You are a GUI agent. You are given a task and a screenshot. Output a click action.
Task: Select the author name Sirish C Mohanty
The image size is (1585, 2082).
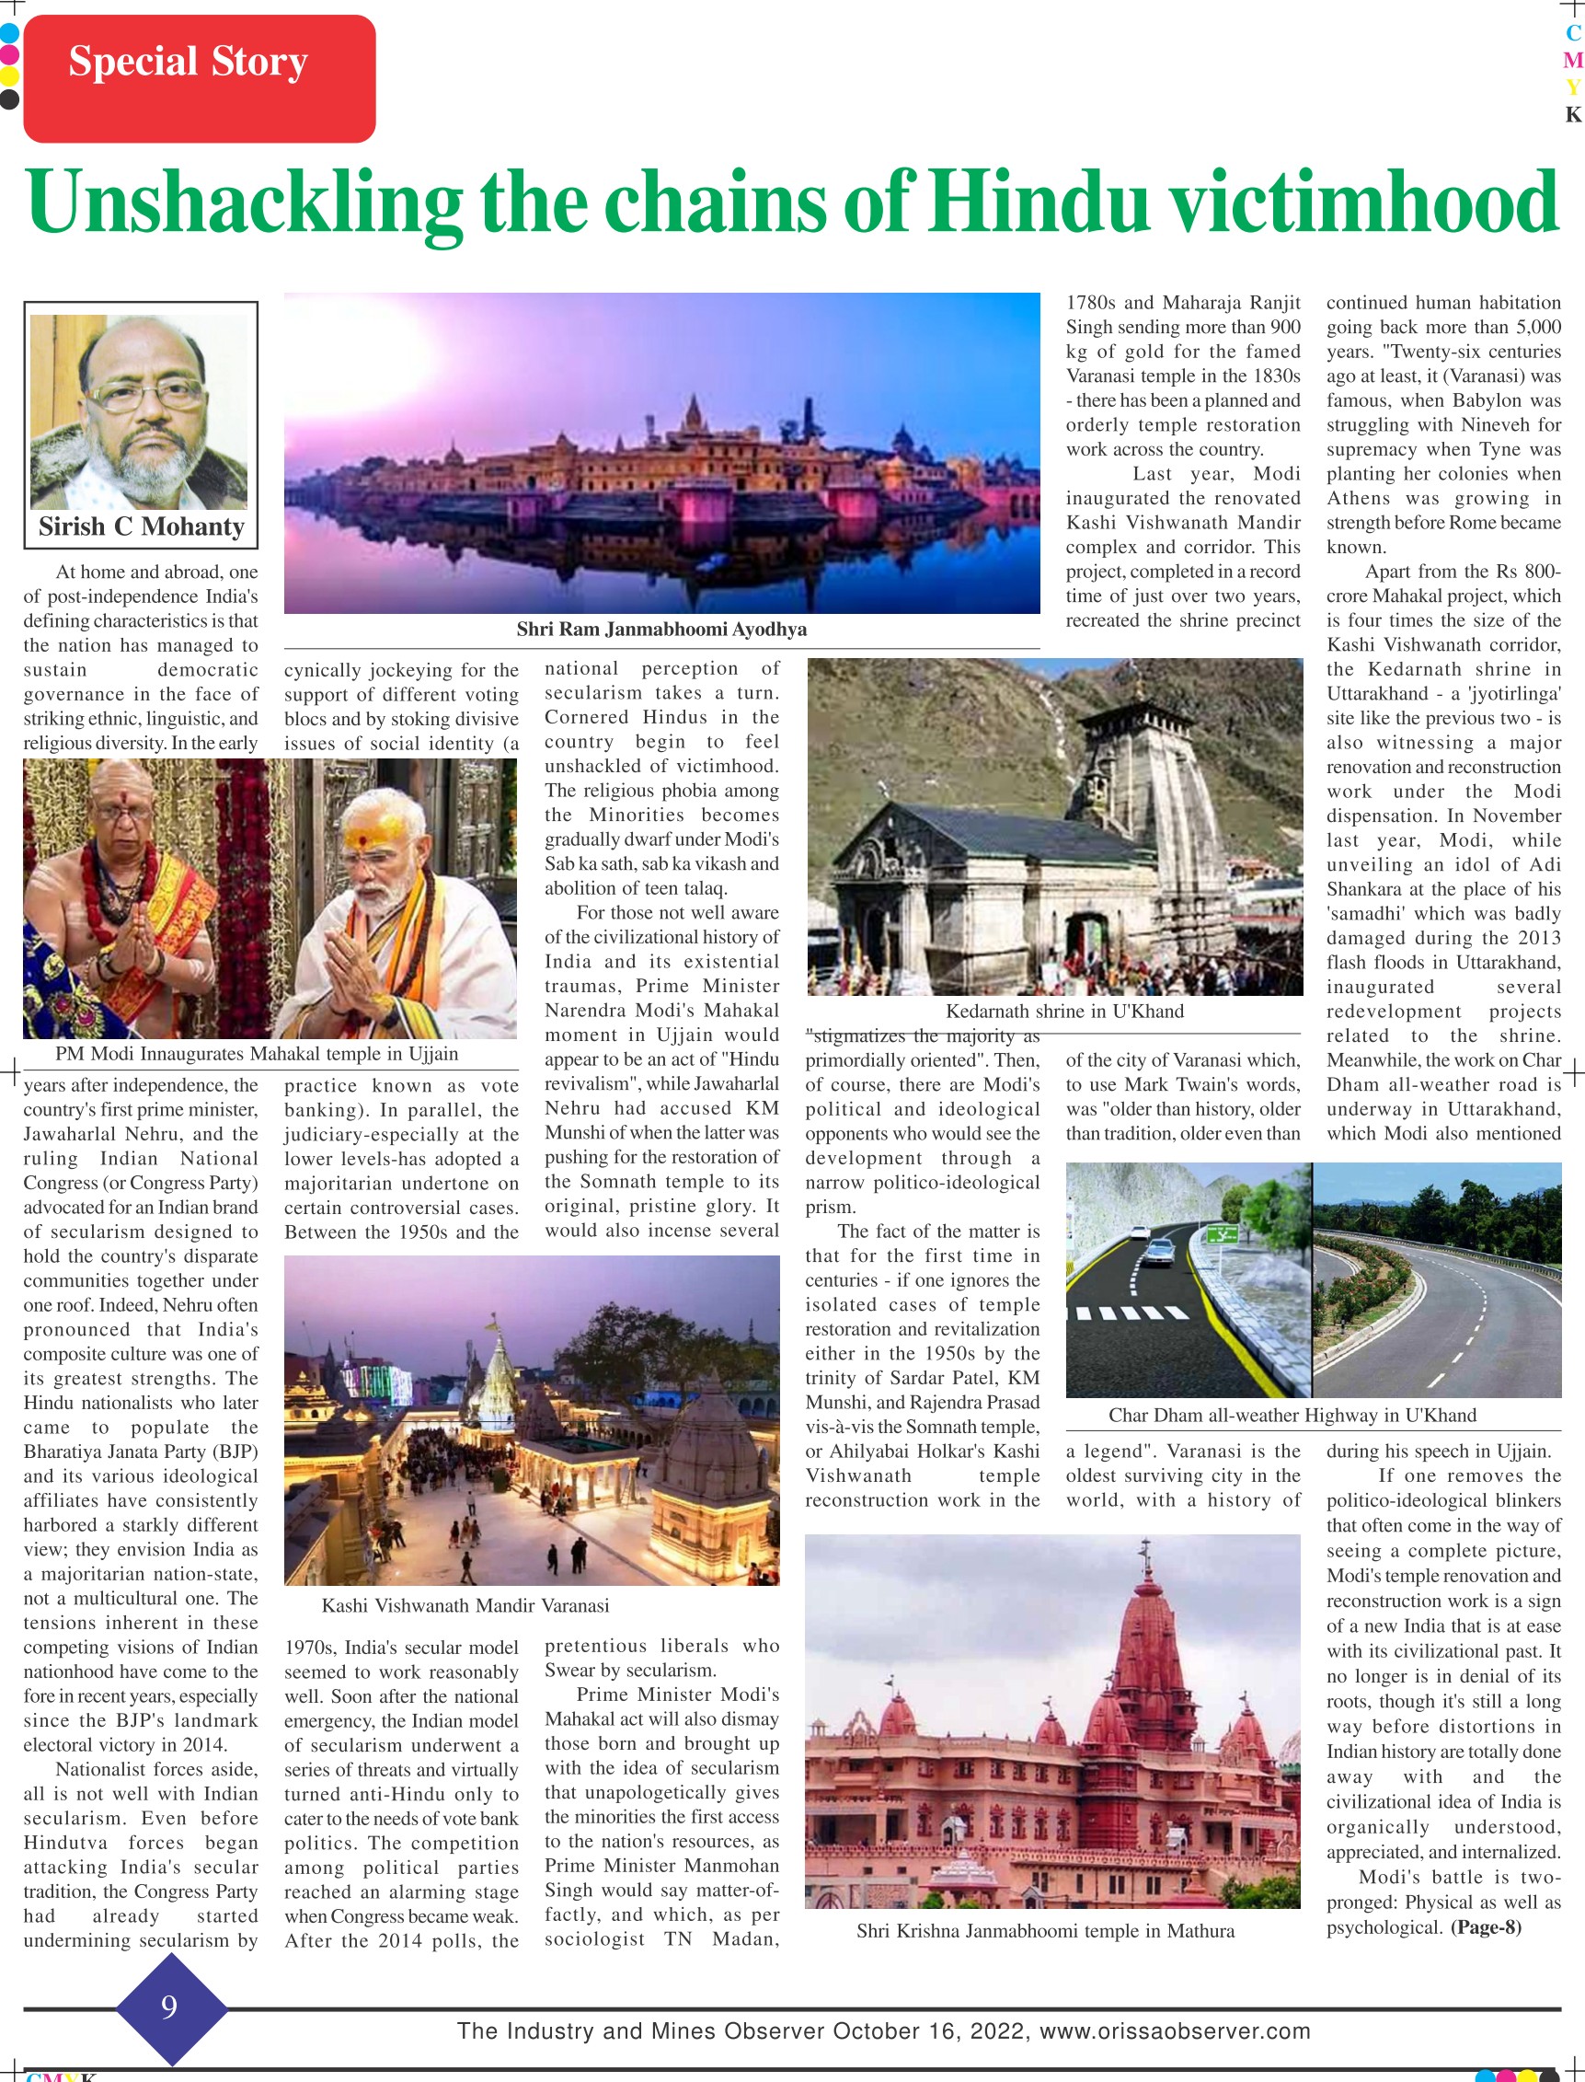(142, 526)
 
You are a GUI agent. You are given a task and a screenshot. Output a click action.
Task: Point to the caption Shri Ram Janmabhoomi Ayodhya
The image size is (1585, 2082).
(661, 630)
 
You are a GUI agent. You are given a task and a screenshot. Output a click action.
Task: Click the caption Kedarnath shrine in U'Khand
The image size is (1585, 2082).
(1064, 1012)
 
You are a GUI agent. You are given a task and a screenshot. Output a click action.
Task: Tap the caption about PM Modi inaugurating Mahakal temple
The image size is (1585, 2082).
(257, 1054)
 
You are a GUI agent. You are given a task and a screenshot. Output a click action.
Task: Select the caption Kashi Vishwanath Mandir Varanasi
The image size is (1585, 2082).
(465, 1605)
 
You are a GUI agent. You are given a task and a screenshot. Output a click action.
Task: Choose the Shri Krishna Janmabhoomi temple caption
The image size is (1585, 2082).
(1045, 1931)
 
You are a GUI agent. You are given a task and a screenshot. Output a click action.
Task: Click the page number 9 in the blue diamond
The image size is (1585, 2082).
(170, 2006)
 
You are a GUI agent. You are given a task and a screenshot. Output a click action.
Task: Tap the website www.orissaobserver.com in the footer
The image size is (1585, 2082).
(1175, 2031)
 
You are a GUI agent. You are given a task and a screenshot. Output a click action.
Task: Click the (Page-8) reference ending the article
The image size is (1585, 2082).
(1486, 1927)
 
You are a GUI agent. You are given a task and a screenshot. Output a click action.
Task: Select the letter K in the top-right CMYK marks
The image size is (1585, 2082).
(1573, 115)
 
